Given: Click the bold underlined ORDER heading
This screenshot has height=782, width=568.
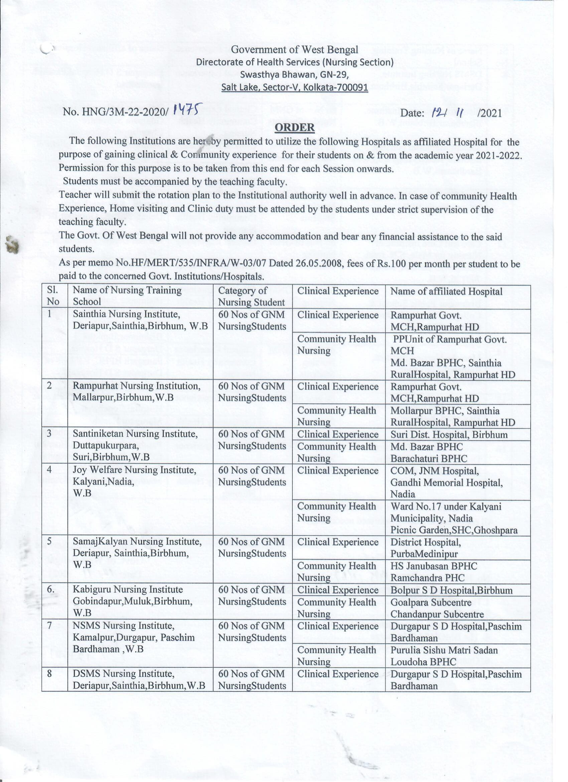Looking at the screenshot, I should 294,127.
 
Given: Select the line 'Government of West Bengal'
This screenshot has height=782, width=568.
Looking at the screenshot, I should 294,50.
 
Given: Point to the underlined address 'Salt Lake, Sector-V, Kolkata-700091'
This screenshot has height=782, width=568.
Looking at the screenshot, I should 294,88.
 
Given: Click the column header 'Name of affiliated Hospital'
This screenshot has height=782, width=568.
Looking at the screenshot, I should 446,292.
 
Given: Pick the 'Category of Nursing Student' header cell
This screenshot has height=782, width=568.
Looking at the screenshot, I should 252,296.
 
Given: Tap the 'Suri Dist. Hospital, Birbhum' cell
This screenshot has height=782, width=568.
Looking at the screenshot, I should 449,434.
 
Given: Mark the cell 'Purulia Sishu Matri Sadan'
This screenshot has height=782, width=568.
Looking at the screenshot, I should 444,650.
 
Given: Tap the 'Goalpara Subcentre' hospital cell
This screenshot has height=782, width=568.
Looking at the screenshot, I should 431,602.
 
